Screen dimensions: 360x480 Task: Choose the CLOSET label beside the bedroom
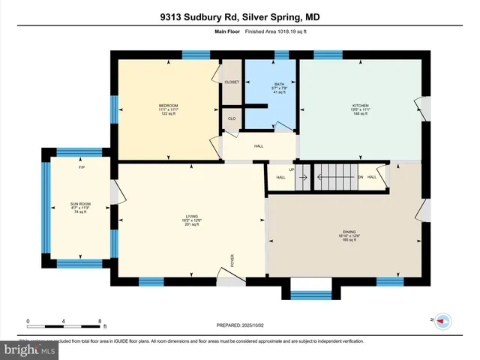232,82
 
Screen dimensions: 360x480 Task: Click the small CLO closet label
232,118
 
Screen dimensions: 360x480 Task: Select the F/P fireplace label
81,167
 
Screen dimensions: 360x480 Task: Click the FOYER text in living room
232,260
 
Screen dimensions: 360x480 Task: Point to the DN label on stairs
360,177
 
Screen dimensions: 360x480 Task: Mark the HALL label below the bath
259,146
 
